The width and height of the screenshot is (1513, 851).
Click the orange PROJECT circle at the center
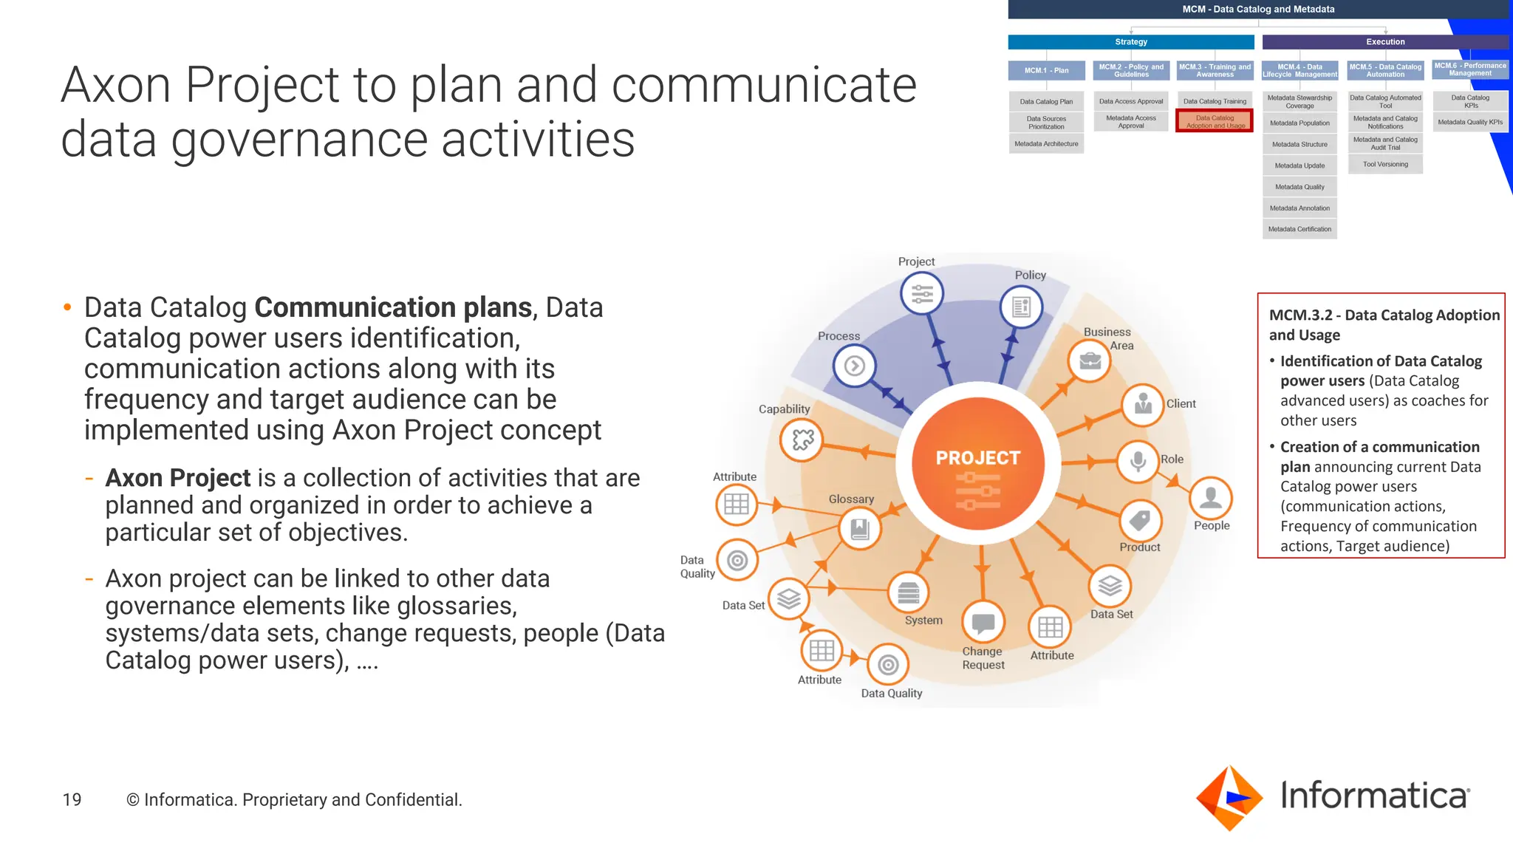pyautogui.click(x=978, y=464)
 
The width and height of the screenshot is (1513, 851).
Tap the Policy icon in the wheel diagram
pyautogui.click(x=1021, y=307)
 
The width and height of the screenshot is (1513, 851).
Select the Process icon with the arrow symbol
pyautogui.click(x=854, y=366)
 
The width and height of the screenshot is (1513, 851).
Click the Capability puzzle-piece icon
pyautogui.click(x=802, y=440)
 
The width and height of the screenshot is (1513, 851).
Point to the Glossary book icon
pyautogui.click(x=860, y=529)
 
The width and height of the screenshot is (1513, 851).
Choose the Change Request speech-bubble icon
pyautogui.click(x=983, y=623)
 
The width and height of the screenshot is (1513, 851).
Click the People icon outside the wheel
pyautogui.click(x=1210, y=498)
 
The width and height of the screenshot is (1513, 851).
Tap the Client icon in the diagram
pyautogui.click(x=1143, y=404)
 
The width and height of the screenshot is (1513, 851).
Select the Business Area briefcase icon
pyautogui.click(x=1090, y=361)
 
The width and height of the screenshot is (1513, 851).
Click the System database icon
pyautogui.click(x=908, y=592)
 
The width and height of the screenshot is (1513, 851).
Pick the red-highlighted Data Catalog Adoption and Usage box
pyautogui.click(x=1215, y=121)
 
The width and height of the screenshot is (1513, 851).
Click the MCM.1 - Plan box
pyautogui.click(x=1046, y=70)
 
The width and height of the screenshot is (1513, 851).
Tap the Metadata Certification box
pyautogui.click(x=1299, y=229)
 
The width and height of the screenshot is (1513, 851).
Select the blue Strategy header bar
pyautogui.click(x=1130, y=42)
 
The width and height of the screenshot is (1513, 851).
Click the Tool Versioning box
pyautogui.click(x=1385, y=164)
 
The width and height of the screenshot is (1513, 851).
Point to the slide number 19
pyautogui.click(x=72, y=799)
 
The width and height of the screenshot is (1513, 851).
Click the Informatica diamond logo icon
pyautogui.click(x=1229, y=798)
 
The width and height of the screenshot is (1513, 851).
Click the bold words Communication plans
pyautogui.click(x=393, y=307)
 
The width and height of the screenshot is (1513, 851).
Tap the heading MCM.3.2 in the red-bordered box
pyautogui.click(x=1300, y=315)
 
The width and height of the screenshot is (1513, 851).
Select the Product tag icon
pyautogui.click(x=1140, y=521)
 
